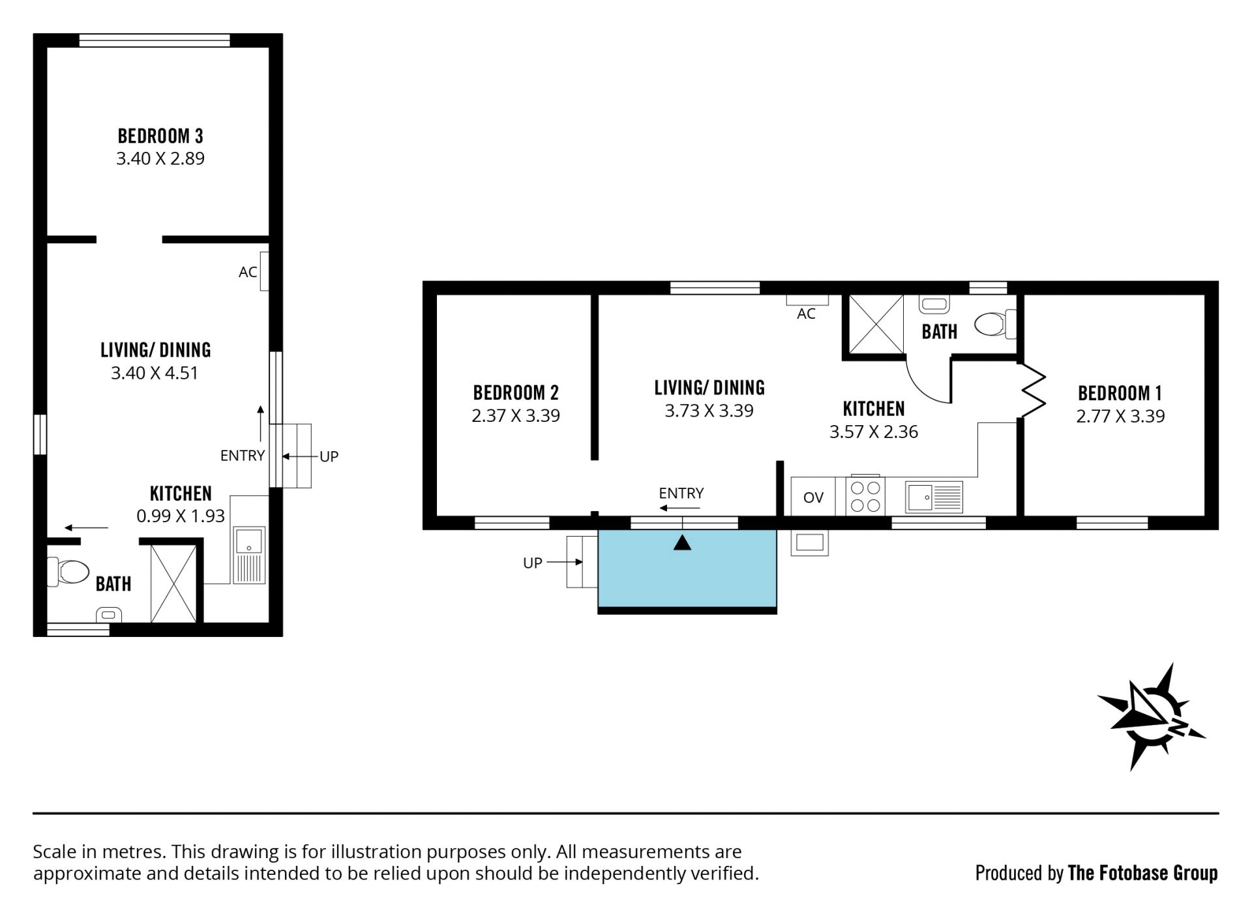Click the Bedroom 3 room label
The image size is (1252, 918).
[x=160, y=136]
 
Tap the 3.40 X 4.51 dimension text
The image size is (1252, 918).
[x=155, y=373]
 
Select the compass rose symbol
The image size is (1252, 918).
[x=1150, y=717]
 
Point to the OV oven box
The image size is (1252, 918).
[x=813, y=497]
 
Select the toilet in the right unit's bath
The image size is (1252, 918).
[x=994, y=324]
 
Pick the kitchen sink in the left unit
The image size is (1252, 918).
[x=249, y=555]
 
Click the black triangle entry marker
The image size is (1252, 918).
[x=682, y=542]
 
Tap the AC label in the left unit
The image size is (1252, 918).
[x=248, y=273]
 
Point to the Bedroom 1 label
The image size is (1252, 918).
[x=1120, y=393]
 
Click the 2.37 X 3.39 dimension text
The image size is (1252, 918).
[x=516, y=416]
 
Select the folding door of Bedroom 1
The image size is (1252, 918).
[x=1032, y=390]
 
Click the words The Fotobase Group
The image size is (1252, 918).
[x=1142, y=872]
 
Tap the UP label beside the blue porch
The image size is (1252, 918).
[x=532, y=563]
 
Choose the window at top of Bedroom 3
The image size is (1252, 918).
[x=155, y=40]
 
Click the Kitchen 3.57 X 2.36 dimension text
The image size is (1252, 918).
[x=874, y=432]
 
